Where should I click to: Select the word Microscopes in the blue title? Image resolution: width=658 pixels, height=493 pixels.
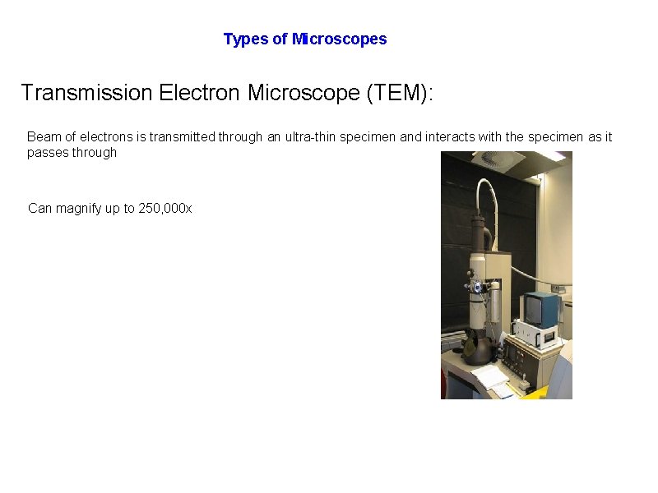339,39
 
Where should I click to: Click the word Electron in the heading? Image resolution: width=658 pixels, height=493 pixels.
200,93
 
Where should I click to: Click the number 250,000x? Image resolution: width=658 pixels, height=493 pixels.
164,209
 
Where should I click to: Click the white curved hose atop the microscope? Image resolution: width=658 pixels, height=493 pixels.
490,189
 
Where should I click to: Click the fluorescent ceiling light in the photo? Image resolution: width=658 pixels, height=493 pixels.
550,156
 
